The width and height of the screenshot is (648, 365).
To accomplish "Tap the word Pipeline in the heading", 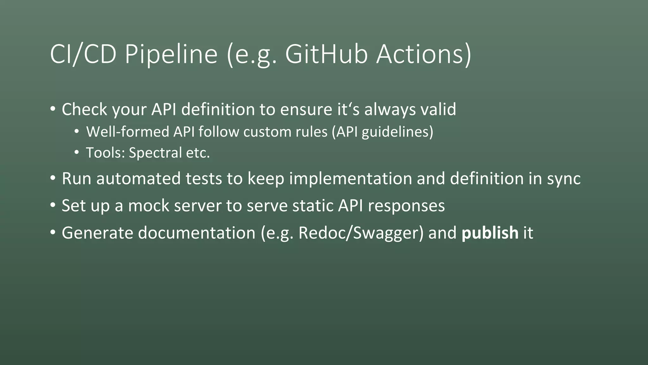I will [171, 54].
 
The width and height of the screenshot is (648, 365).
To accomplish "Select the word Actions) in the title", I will [424, 54].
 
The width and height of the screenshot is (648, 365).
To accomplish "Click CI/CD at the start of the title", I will [83, 54].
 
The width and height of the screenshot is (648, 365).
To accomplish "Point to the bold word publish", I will [490, 233].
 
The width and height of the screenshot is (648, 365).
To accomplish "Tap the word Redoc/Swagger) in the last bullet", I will [361, 233].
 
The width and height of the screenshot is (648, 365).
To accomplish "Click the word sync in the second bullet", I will [564, 179].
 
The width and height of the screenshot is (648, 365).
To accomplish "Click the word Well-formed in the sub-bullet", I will [128, 132].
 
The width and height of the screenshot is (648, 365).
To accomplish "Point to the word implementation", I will [350, 179].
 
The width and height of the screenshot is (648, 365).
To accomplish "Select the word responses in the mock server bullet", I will [406, 206].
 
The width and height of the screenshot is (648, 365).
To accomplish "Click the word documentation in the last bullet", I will [196, 233].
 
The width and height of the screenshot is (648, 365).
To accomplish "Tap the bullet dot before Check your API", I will [53, 109].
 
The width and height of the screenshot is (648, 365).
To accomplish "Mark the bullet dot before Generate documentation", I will [53, 233].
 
